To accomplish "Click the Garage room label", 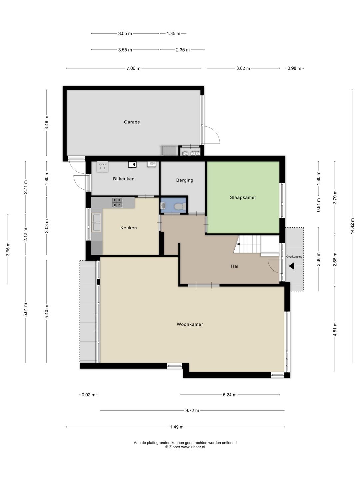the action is pyautogui.click(x=132, y=122).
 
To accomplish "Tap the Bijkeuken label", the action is pyautogui.click(x=124, y=179).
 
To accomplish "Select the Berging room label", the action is pyautogui.click(x=185, y=180).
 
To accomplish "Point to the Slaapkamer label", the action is pyautogui.click(x=243, y=197).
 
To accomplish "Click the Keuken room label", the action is pyautogui.click(x=129, y=228).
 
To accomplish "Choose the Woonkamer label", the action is pyautogui.click(x=190, y=324).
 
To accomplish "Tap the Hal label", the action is pyautogui.click(x=235, y=266).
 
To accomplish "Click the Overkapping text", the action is pyautogui.click(x=294, y=257).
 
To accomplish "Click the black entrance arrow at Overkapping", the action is pyautogui.click(x=291, y=266).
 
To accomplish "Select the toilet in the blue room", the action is pyautogui.click(x=180, y=206).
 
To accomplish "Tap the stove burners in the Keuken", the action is pyautogui.click(x=117, y=202).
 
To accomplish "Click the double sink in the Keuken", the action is pyautogui.click(x=96, y=223).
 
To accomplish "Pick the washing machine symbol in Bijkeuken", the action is pyautogui.click(x=102, y=167).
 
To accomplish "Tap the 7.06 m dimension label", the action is pyautogui.click(x=133, y=68).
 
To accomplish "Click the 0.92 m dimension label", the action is pyautogui.click(x=88, y=395).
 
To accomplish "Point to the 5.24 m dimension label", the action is pyautogui.click(x=230, y=395).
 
